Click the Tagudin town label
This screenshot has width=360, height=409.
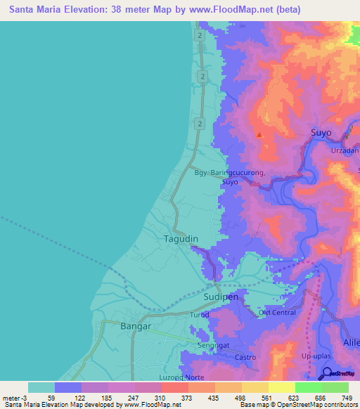pyautogui.click(x=181, y=239)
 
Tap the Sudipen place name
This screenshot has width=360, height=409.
pyautogui.click(x=221, y=297)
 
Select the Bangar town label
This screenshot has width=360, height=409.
pyautogui.click(x=136, y=327)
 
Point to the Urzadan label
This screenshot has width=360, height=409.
pyautogui.click(x=345, y=150)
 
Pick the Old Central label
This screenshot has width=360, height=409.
pyautogui.click(x=277, y=312)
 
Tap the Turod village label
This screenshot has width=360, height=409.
pyautogui.click(x=200, y=316)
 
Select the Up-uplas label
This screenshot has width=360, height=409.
pyautogui.click(x=315, y=358)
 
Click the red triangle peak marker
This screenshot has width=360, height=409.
pyautogui.click(x=259, y=134)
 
